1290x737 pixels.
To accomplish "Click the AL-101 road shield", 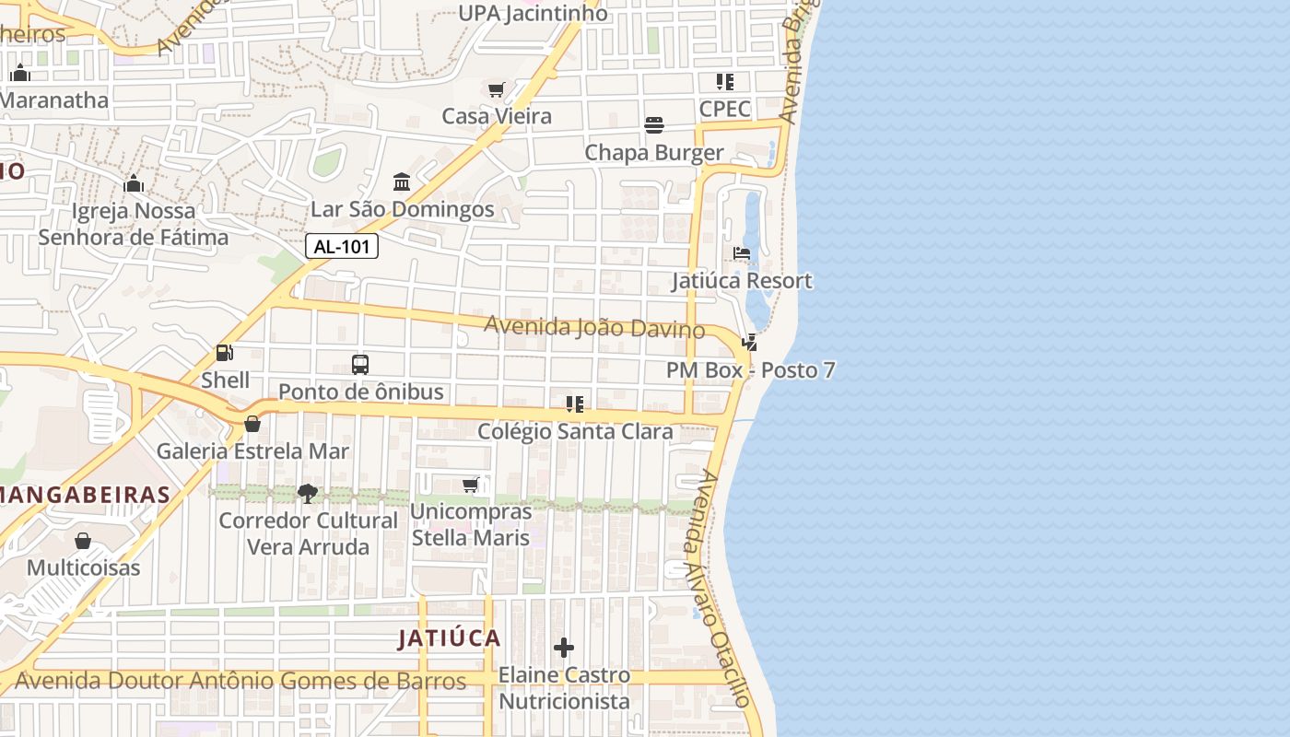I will point(342,246).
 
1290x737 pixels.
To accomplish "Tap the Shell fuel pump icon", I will point(224,353).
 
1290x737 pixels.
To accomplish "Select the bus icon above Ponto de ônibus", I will point(360,364).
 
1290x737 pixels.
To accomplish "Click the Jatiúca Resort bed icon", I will point(742,253).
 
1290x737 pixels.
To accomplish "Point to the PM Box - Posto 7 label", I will point(751,370).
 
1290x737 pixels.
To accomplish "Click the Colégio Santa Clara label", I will point(575,431).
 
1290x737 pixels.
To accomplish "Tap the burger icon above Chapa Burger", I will point(654,125).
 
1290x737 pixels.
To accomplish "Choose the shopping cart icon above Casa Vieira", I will point(497,89).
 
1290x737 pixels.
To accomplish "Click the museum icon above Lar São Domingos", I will point(402,181).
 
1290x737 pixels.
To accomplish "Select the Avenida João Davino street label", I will point(594,327).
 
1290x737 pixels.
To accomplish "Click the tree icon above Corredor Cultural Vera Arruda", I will point(308,494).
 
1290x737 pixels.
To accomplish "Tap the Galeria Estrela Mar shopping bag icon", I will point(252,424).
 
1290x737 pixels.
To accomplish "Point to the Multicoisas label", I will point(83,567).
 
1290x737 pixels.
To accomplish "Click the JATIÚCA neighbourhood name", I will point(450,638).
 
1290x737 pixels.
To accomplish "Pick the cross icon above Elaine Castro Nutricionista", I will point(564,649).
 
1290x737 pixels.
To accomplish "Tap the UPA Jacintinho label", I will point(533,13).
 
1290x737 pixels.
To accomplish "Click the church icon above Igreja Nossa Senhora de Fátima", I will point(134,184).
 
